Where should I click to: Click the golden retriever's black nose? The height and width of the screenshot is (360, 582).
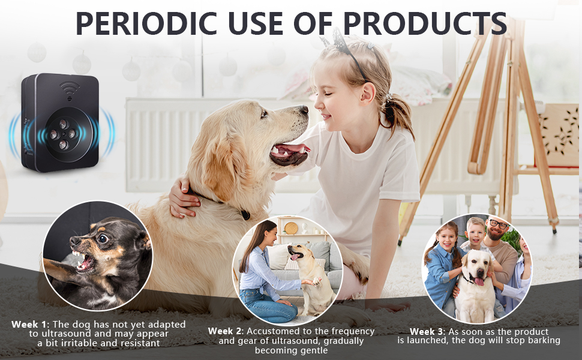[303, 111]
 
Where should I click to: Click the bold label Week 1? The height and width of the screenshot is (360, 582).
[29, 325]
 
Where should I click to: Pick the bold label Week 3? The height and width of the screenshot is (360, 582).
[427, 331]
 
